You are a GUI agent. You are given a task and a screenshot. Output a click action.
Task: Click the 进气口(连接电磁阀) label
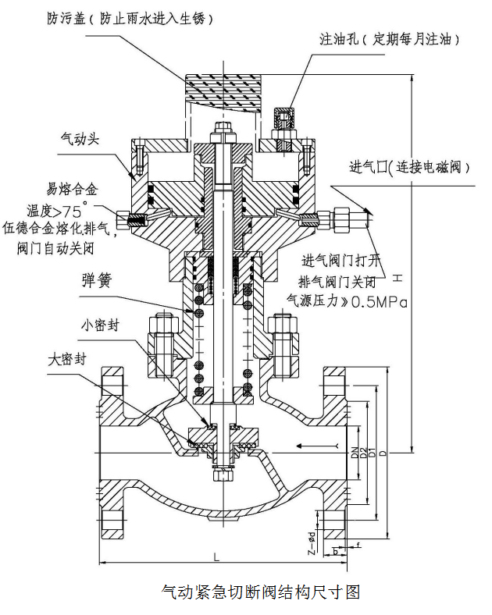(407, 169)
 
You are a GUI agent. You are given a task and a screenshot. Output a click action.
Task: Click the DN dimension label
(354, 451)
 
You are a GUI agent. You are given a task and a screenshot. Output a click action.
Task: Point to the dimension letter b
(336, 551)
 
